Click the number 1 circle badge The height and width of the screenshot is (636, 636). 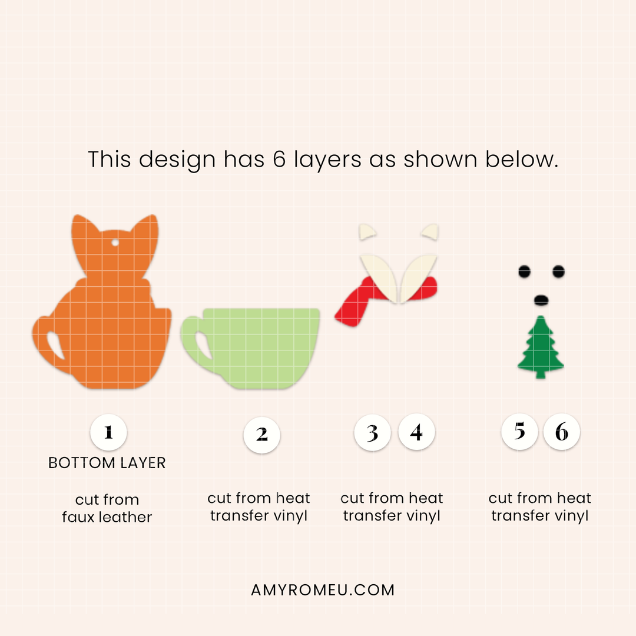[108, 432]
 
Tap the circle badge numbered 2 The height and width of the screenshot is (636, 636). [261, 435]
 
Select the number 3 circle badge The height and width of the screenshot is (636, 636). [372, 433]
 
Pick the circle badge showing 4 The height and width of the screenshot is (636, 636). [416, 432]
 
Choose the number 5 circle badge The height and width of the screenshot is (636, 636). [519, 432]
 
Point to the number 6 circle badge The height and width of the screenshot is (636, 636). [561, 432]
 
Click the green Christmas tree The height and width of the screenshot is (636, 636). [540, 347]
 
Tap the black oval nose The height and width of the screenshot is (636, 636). [541, 300]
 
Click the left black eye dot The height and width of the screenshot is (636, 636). [524, 271]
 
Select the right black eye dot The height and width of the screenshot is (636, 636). [558, 271]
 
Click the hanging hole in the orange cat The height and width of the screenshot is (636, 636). [115, 243]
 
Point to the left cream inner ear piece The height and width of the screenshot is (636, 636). [367, 231]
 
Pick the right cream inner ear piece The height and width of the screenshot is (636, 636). [430, 231]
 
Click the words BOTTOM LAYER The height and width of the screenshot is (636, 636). [107, 463]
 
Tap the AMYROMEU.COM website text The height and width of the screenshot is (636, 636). [323, 590]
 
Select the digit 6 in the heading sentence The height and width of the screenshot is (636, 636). [279, 159]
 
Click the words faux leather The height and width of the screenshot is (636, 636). [107, 517]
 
